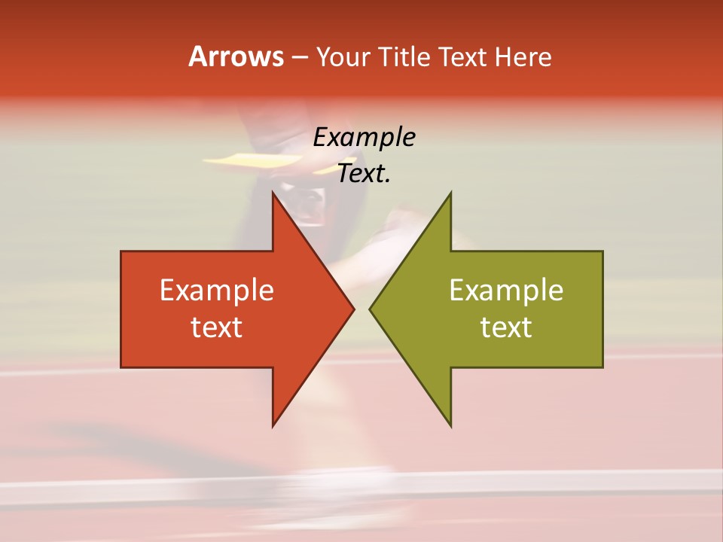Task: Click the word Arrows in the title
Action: tap(235, 56)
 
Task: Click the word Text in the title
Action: tap(464, 57)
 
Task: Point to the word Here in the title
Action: tap(523, 57)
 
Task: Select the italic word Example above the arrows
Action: tap(365, 138)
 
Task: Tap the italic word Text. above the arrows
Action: tap(365, 174)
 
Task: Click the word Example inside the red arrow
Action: tap(217, 291)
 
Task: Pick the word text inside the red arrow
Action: tap(217, 327)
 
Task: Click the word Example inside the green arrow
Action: tap(506, 291)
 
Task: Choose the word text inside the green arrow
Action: tap(506, 327)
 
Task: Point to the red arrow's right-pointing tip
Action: tap(352, 309)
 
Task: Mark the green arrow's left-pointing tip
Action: tap(371, 309)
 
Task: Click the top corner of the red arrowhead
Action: tap(273, 193)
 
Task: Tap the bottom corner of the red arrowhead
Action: tap(273, 425)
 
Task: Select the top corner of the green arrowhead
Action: tap(450, 193)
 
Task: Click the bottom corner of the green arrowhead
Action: tap(450, 425)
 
